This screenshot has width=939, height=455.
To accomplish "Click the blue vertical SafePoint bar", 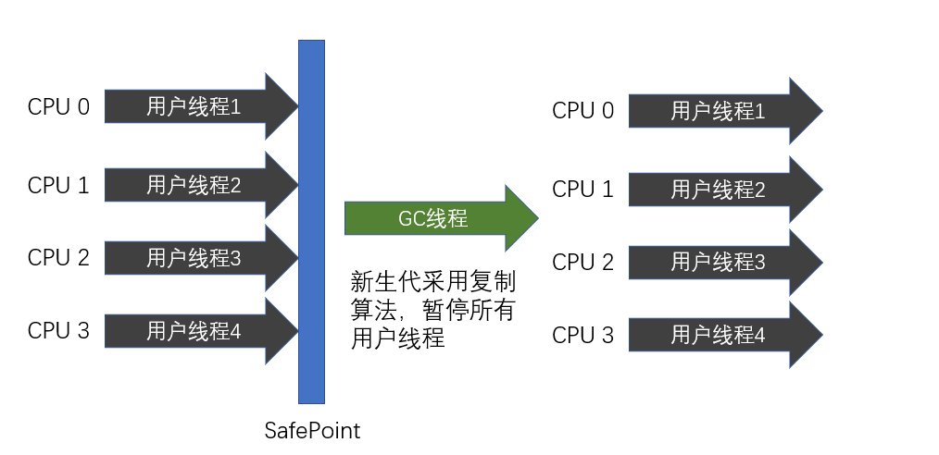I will [x=311, y=222].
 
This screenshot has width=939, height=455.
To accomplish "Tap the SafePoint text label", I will [x=312, y=431].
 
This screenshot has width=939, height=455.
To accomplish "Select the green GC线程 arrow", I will [x=439, y=219].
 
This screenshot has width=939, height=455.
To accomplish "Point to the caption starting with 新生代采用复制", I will [x=432, y=310].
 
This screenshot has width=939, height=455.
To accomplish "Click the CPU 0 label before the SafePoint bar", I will [x=58, y=107].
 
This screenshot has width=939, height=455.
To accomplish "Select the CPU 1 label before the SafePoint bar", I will [x=58, y=185].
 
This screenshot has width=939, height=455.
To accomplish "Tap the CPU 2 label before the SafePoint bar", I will [x=58, y=257].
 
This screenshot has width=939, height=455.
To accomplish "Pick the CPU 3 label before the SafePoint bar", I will [x=58, y=330].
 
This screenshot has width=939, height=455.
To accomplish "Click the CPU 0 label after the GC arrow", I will [x=582, y=112].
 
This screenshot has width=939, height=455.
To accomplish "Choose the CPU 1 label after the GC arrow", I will [x=582, y=190].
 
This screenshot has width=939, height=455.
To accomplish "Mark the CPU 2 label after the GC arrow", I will [x=582, y=262].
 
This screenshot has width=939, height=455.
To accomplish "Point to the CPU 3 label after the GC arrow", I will [x=582, y=335].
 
